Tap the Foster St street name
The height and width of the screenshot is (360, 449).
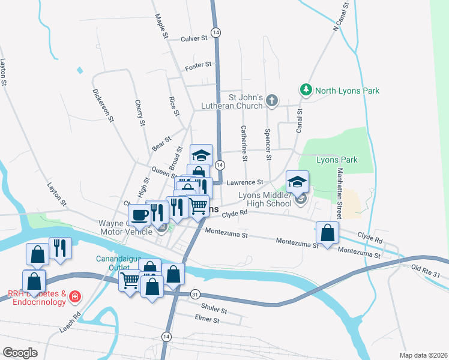pos(199,65)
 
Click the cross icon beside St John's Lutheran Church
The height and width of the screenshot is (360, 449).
pos(271,100)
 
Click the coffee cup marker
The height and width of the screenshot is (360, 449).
pos(139,214)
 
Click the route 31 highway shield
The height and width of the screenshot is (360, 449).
pos(196,294)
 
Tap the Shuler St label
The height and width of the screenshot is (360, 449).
pos(215,311)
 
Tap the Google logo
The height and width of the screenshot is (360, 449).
pos(20,352)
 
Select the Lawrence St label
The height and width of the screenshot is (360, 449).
pos(244,182)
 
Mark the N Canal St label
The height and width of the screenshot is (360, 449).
pos(340,17)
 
